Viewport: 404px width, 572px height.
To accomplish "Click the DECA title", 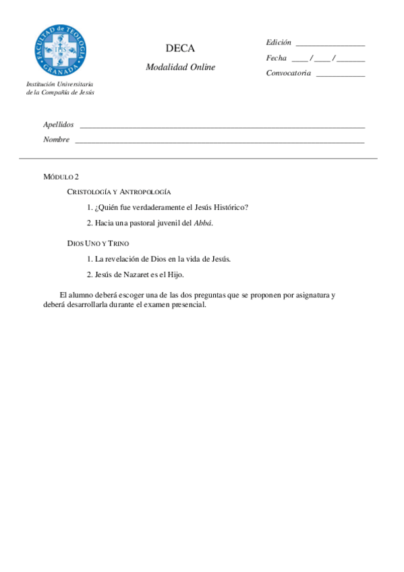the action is [180, 49].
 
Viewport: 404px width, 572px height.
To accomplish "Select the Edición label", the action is [279, 42].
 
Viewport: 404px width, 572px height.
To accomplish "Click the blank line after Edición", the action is [330, 45].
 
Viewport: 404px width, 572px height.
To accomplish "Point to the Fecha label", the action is [277, 58].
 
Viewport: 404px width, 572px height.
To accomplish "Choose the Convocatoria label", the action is [289, 73].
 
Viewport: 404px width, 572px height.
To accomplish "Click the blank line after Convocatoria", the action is [340, 76].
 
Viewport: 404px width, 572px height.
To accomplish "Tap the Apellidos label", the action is [59, 125].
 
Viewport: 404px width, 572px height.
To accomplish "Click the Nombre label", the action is [57, 140].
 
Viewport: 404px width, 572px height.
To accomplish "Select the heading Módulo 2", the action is [61, 177].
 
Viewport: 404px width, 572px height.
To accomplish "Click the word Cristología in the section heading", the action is [89, 193].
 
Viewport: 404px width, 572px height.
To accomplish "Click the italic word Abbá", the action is [202, 223].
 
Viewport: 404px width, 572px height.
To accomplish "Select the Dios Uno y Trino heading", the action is [98, 243].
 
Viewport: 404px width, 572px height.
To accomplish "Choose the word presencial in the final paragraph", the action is [187, 304].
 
